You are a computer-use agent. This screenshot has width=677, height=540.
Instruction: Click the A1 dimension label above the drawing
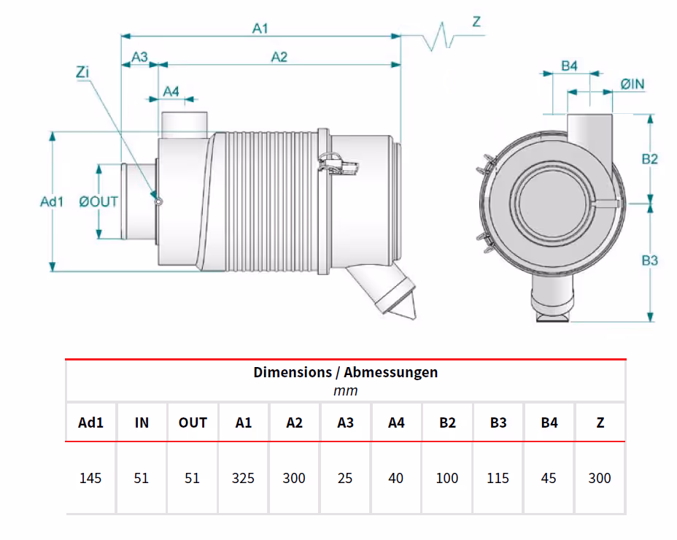pyautogui.click(x=260, y=28)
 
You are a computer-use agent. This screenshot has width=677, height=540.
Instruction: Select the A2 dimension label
pyautogui.click(x=279, y=57)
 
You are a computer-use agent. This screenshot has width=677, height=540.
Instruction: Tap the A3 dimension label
pyautogui.click(x=140, y=57)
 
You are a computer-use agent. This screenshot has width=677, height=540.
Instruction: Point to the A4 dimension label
pyautogui.click(x=171, y=92)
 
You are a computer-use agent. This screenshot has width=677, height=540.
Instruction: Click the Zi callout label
pyautogui.click(x=82, y=72)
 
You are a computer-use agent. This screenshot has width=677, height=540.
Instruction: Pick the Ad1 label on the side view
pyautogui.click(x=52, y=201)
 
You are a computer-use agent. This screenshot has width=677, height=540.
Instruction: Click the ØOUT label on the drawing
pyautogui.click(x=98, y=201)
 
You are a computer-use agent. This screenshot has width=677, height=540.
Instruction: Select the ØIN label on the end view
pyautogui.click(x=632, y=84)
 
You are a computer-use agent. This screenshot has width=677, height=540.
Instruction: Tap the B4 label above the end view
pyautogui.click(x=570, y=66)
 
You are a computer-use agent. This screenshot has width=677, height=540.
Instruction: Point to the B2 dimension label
pyautogui.click(x=649, y=159)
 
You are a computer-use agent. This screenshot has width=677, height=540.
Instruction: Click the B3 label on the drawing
pyautogui.click(x=649, y=261)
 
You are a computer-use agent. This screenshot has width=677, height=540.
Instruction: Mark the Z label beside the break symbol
pyautogui.click(x=476, y=22)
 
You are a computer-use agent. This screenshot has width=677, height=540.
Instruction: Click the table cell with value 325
pyautogui.click(x=243, y=478)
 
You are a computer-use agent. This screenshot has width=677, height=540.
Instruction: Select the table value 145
pyautogui.click(x=90, y=478)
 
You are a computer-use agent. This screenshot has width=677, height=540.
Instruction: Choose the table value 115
pyautogui.click(x=498, y=478)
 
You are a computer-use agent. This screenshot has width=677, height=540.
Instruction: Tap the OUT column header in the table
pyautogui.click(x=193, y=423)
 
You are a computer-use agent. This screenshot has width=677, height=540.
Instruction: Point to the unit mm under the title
pyautogui.click(x=345, y=391)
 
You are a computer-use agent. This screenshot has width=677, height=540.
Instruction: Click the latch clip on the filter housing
pyautogui.click(x=338, y=165)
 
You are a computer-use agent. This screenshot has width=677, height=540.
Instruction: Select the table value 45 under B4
pyautogui.click(x=549, y=478)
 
